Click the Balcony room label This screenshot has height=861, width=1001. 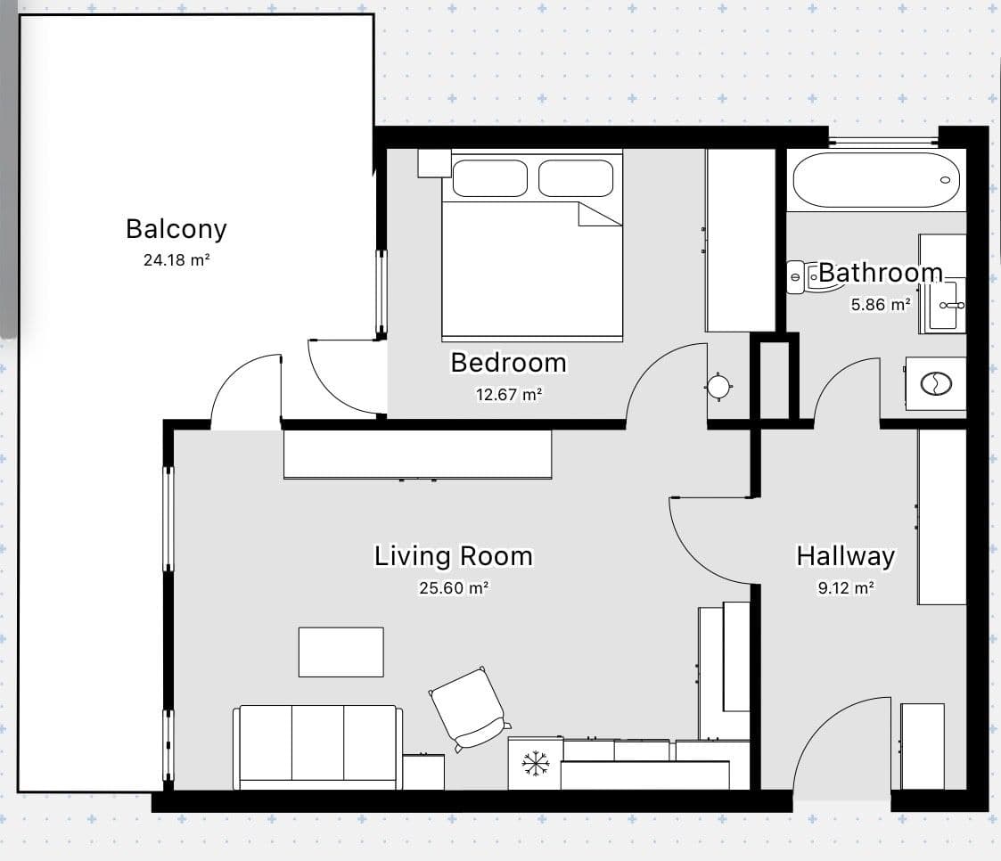click(x=176, y=229)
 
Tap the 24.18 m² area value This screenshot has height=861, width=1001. click(x=176, y=261)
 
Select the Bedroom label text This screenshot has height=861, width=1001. click(x=508, y=363)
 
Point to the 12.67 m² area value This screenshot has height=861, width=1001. click(x=508, y=394)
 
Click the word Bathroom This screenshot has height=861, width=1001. click(x=880, y=273)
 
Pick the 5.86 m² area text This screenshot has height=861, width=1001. click(x=880, y=304)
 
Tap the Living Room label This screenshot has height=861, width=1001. click(x=453, y=557)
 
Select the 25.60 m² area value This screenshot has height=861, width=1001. click(x=453, y=588)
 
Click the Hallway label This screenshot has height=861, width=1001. click(x=845, y=557)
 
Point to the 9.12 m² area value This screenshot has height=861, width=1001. click(x=845, y=588)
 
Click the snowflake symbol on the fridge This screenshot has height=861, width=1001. click(x=535, y=763)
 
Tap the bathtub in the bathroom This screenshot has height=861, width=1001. click(x=875, y=181)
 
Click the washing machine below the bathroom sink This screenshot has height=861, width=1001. click(x=936, y=384)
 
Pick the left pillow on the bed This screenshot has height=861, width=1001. click(x=490, y=178)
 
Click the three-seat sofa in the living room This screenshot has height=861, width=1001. click(x=317, y=746)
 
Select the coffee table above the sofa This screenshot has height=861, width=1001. click(x=341, y=652)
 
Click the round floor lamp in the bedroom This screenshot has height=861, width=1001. click(x=718, y=386)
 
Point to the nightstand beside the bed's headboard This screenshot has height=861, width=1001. click(x=434, y=163)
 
